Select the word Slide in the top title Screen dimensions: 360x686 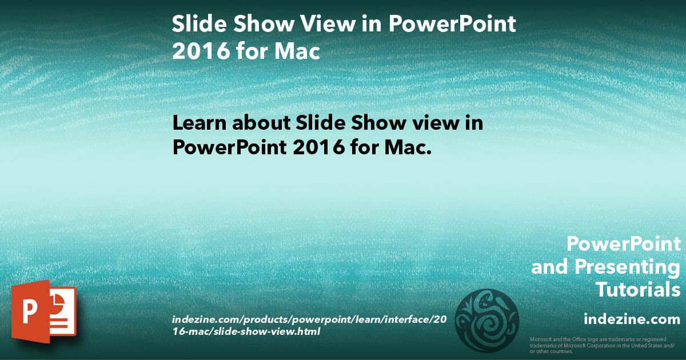pyautogui.click(x=195, y=25)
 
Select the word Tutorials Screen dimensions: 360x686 pyautogui.click(x=638, y=290)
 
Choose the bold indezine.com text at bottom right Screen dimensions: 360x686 pyautogui.click(x=632, y=318)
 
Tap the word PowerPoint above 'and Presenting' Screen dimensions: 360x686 pyautogui.click(x=624, y=245)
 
